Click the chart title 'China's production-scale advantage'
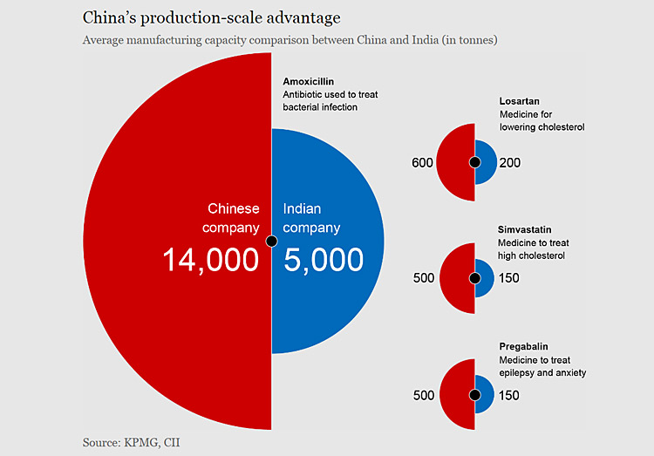tap(212, 17)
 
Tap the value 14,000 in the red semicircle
tap(211, 259)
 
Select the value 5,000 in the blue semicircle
tap(324, 259)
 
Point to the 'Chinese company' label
tap(232, 218)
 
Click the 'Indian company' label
tap(311, 218)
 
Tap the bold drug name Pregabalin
tap(524, 347)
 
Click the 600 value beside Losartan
tap(423, 163)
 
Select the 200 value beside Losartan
tap(510, 163)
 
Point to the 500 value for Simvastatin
tap(423, 279)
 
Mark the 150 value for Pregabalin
tap(509, 396)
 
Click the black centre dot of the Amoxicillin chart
tap(271, 241)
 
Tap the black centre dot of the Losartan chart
tap(474, 162)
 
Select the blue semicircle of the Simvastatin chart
tap(485, 279)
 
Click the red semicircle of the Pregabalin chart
tap(456, 395)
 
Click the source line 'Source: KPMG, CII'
tap(131, 443)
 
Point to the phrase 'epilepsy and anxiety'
tap(542, 373)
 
